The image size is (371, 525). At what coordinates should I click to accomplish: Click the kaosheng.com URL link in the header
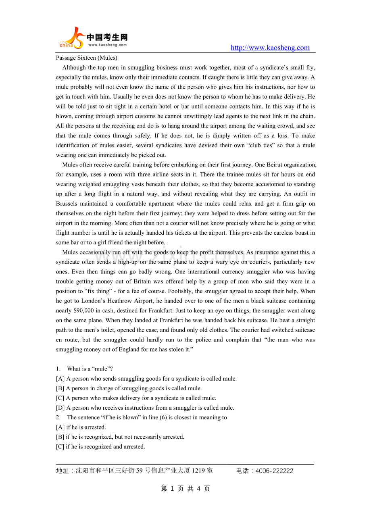pyautogui.click(x=270, y=48)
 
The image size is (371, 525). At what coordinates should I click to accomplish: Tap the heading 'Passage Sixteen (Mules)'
pyautogui.click(x=87, y=58)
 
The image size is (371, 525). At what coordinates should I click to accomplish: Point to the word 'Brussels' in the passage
pyautogui.click(x=67, y=204)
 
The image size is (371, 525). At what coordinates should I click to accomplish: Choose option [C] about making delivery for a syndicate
pyautogui.click(x=136, y=398)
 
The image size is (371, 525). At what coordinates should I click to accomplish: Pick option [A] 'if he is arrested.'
pyautogui.click(x=81, y=427)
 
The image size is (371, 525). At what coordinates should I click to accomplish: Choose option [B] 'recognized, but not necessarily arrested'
pyautogui.click(x=120, y=437)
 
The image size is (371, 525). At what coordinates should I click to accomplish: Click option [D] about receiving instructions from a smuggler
pyautogui.click(x=145, y=408)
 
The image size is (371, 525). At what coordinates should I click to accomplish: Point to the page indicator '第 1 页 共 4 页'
pyautogui.click(x=185, y=489)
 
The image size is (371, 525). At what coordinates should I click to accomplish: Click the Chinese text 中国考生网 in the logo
pyautogui.click(x=107, y=37)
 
